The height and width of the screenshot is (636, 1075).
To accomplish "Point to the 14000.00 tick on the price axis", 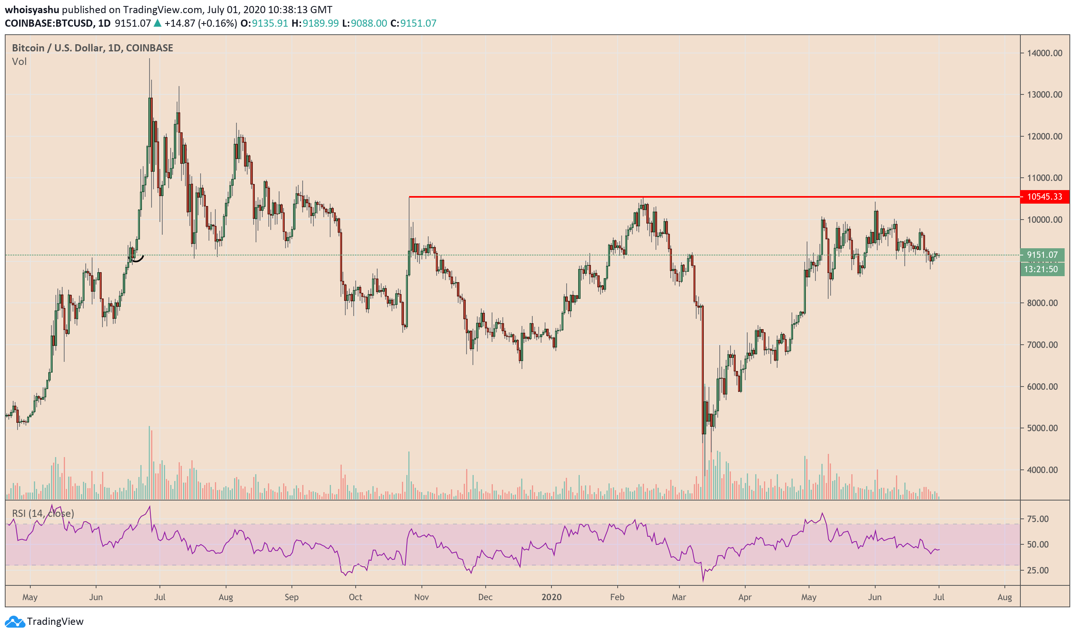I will click(1044, 53).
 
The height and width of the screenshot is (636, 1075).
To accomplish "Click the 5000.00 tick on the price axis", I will click(1044, 428).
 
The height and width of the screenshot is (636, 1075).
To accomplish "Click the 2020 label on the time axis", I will click(551, 597).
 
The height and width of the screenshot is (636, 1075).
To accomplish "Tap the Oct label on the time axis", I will click(355, 597).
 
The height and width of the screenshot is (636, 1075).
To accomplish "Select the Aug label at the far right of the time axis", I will click(1004, 597).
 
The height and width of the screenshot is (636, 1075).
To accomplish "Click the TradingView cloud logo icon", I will click(15, 621).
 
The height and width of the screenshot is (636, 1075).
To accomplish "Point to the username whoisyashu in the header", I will click(32, 10).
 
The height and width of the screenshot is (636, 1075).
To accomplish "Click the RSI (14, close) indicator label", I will click(43, 513).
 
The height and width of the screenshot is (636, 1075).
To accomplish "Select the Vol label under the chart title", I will click(19, 62).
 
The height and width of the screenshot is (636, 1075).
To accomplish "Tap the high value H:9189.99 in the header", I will click(315, 23).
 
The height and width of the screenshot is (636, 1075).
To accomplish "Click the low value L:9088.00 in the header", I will click(364, 23).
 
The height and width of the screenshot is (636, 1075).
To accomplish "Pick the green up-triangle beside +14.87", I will click(158, 23).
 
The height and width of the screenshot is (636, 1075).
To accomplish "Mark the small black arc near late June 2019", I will click(137, 259).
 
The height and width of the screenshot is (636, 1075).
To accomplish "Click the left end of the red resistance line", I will click(410, 197).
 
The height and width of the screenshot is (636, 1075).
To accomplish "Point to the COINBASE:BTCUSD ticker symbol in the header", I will click(49, 23).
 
